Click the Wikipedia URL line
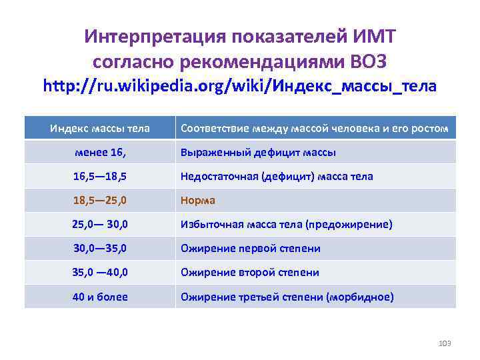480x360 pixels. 240,87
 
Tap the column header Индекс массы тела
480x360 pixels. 100,128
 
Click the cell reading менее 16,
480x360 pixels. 100,152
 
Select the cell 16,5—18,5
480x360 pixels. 100,177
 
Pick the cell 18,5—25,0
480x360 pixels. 100,201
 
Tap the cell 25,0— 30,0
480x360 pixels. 100,225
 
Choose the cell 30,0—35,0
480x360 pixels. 100,249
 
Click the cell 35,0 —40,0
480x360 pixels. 100,273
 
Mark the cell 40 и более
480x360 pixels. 100,297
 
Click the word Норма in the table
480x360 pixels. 198,201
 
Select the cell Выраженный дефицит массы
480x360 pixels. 258,153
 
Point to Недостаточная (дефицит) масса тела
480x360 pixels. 277,177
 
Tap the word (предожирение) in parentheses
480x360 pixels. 349,225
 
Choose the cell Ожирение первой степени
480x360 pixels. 251,249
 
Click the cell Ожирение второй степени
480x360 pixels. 250,273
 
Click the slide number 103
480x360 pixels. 445,343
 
